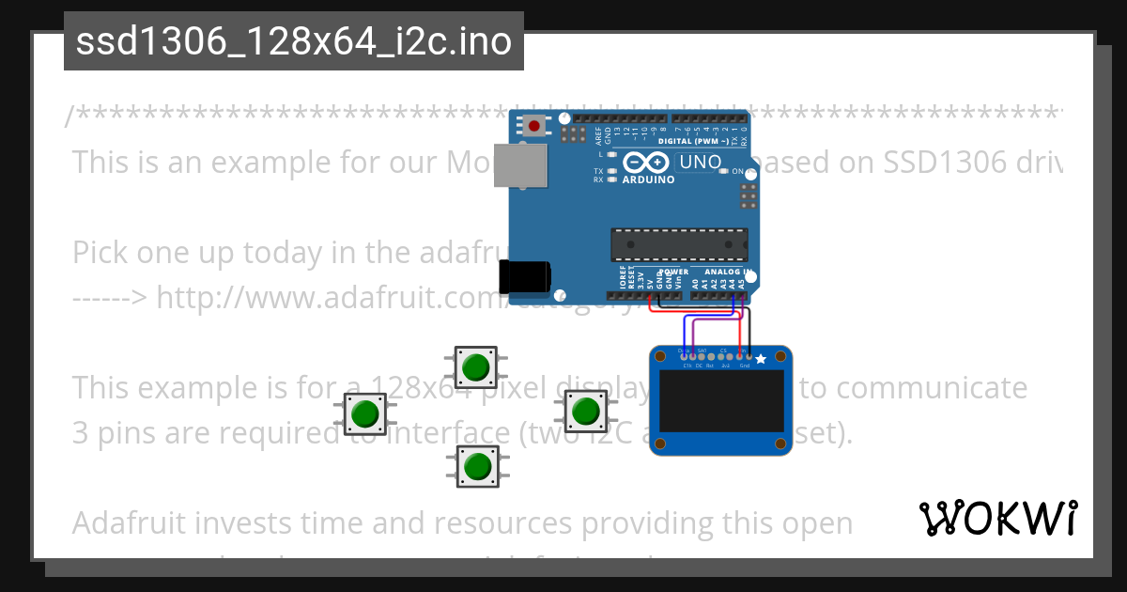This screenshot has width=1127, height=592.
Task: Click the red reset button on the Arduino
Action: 535,124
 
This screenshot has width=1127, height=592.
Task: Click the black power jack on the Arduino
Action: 524,276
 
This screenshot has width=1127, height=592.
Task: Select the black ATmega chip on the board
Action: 679,243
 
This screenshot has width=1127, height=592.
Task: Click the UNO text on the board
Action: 700,162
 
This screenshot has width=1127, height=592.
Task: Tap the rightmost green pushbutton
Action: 585,411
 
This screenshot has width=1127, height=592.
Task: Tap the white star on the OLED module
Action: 761,358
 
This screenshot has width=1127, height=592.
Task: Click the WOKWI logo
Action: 997,518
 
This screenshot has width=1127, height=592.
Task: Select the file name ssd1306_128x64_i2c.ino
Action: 294,42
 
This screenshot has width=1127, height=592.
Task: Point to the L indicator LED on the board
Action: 612,153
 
